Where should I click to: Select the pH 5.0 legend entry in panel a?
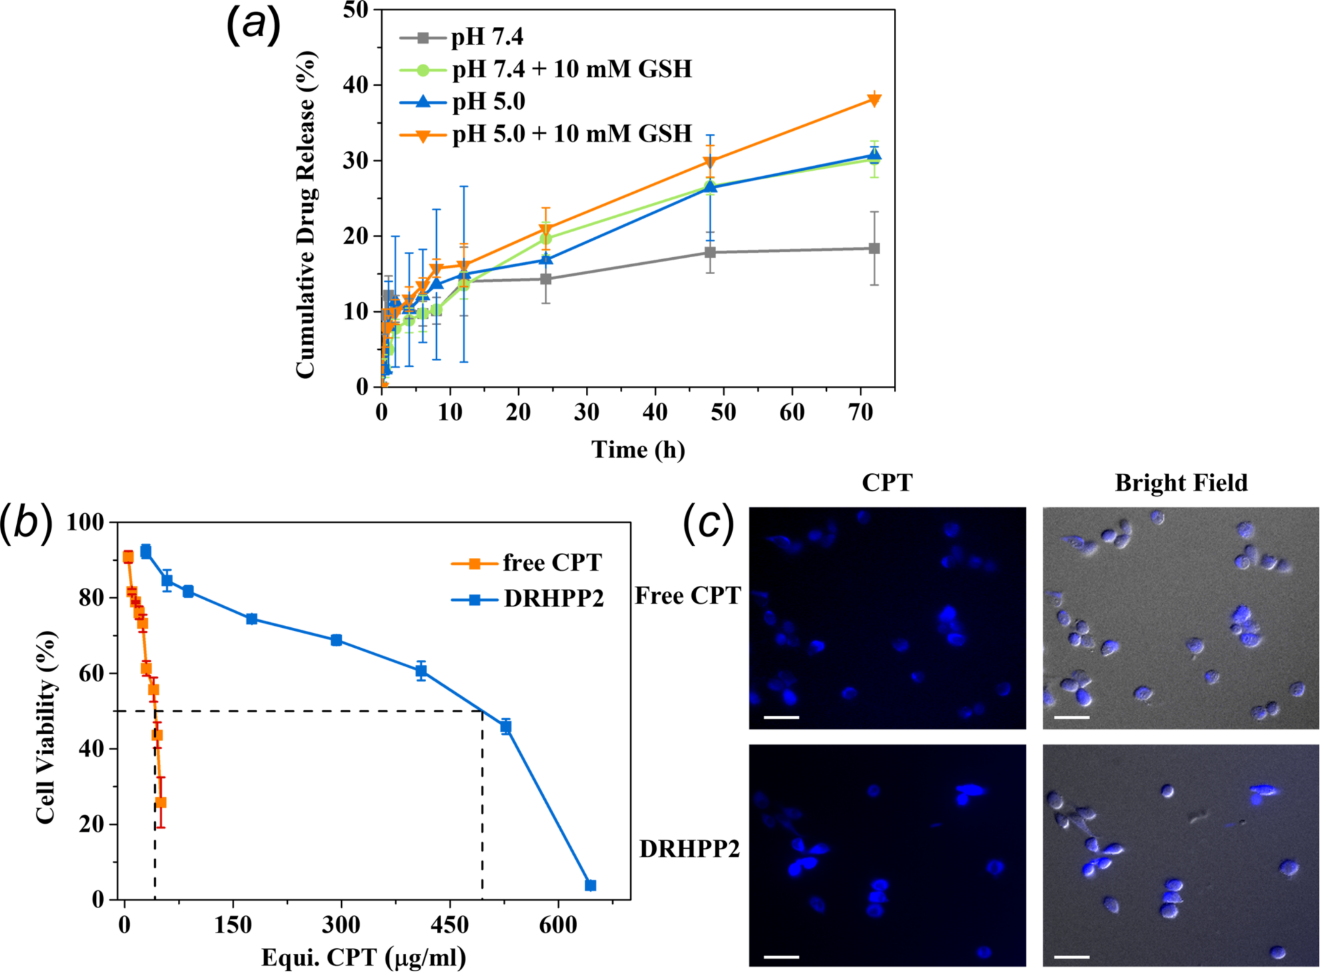point(488,102)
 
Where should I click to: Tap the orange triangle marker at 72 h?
point(874,100)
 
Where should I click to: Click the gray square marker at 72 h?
point(874,248)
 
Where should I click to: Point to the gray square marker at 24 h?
point(546,278)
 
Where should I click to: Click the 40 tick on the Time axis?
point(655,412)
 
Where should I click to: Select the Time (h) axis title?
point(638,449)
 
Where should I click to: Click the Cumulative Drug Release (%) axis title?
point(306,215)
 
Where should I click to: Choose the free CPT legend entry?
point(552,563)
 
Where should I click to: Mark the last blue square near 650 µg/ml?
point(590,885)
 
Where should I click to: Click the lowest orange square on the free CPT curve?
point(161,803)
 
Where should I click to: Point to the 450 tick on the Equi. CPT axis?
point(450,925)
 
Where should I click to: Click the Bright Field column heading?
point(1181,483)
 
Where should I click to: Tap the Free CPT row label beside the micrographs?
point(688,596)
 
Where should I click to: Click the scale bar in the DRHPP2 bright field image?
point(1072,956)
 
